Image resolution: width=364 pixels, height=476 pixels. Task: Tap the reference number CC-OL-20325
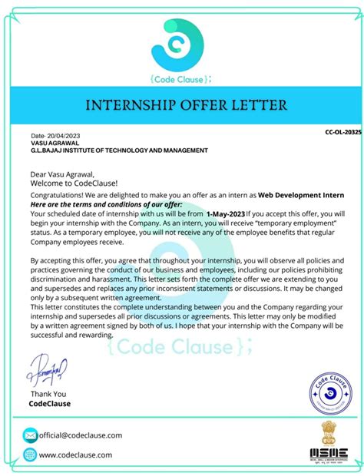pos(341,132)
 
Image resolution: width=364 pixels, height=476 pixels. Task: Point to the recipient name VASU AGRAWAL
pos(55,143)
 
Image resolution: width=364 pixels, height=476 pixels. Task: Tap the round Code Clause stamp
pos(330,395)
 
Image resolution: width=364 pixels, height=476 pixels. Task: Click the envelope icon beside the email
pos(30,435)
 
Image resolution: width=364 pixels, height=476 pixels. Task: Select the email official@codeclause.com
pos(81,435)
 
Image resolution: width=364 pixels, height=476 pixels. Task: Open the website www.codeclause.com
pos(75,455)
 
